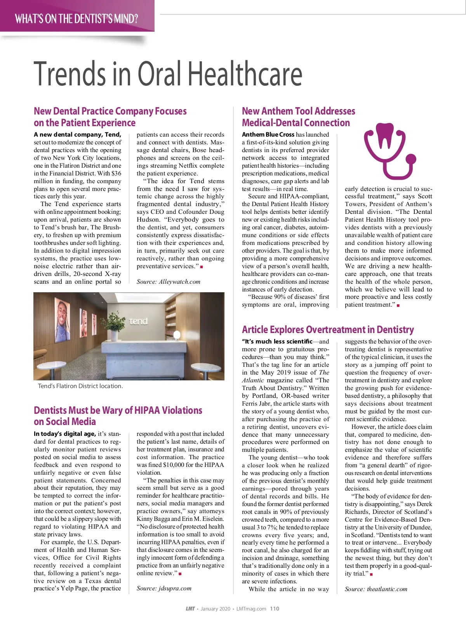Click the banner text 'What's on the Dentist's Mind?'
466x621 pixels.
click(77, 19)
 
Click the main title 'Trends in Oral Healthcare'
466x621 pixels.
click(168, 74)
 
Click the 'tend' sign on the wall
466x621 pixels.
click(138, 321)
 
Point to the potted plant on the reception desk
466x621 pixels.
click(114, 324)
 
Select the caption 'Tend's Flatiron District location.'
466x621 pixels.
click(80, 386)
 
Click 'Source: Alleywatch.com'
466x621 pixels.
click(169, 282)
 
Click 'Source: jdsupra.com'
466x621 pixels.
click(164, 588)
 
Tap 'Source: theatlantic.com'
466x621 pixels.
click(376, 589)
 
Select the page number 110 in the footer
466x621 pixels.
click(275, 609)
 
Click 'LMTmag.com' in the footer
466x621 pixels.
click(251, 609)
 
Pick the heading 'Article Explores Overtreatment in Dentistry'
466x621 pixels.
click(328, 330)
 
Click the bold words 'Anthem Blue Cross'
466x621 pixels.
click(268, 135)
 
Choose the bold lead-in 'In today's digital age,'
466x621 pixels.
click(64, 434)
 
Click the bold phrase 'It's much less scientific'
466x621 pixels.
click(277, 342)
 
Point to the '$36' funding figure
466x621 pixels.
click(116, 173)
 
